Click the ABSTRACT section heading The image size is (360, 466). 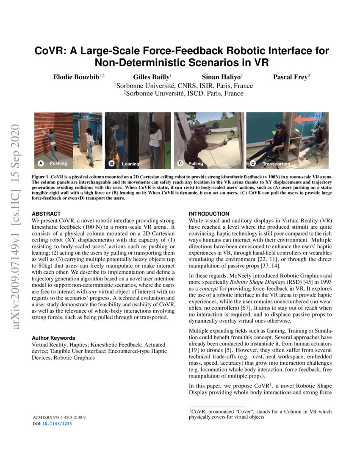pos(46,214)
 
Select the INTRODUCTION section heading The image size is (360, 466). pos(209,214)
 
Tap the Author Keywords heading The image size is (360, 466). pos(53,338)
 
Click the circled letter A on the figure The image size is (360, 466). pos(41,163)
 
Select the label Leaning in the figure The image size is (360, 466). pos(130,164)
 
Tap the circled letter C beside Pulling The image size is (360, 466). pos(180,163)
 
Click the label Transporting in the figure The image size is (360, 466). pos(276,164)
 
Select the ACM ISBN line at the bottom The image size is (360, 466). pos(59,417)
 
